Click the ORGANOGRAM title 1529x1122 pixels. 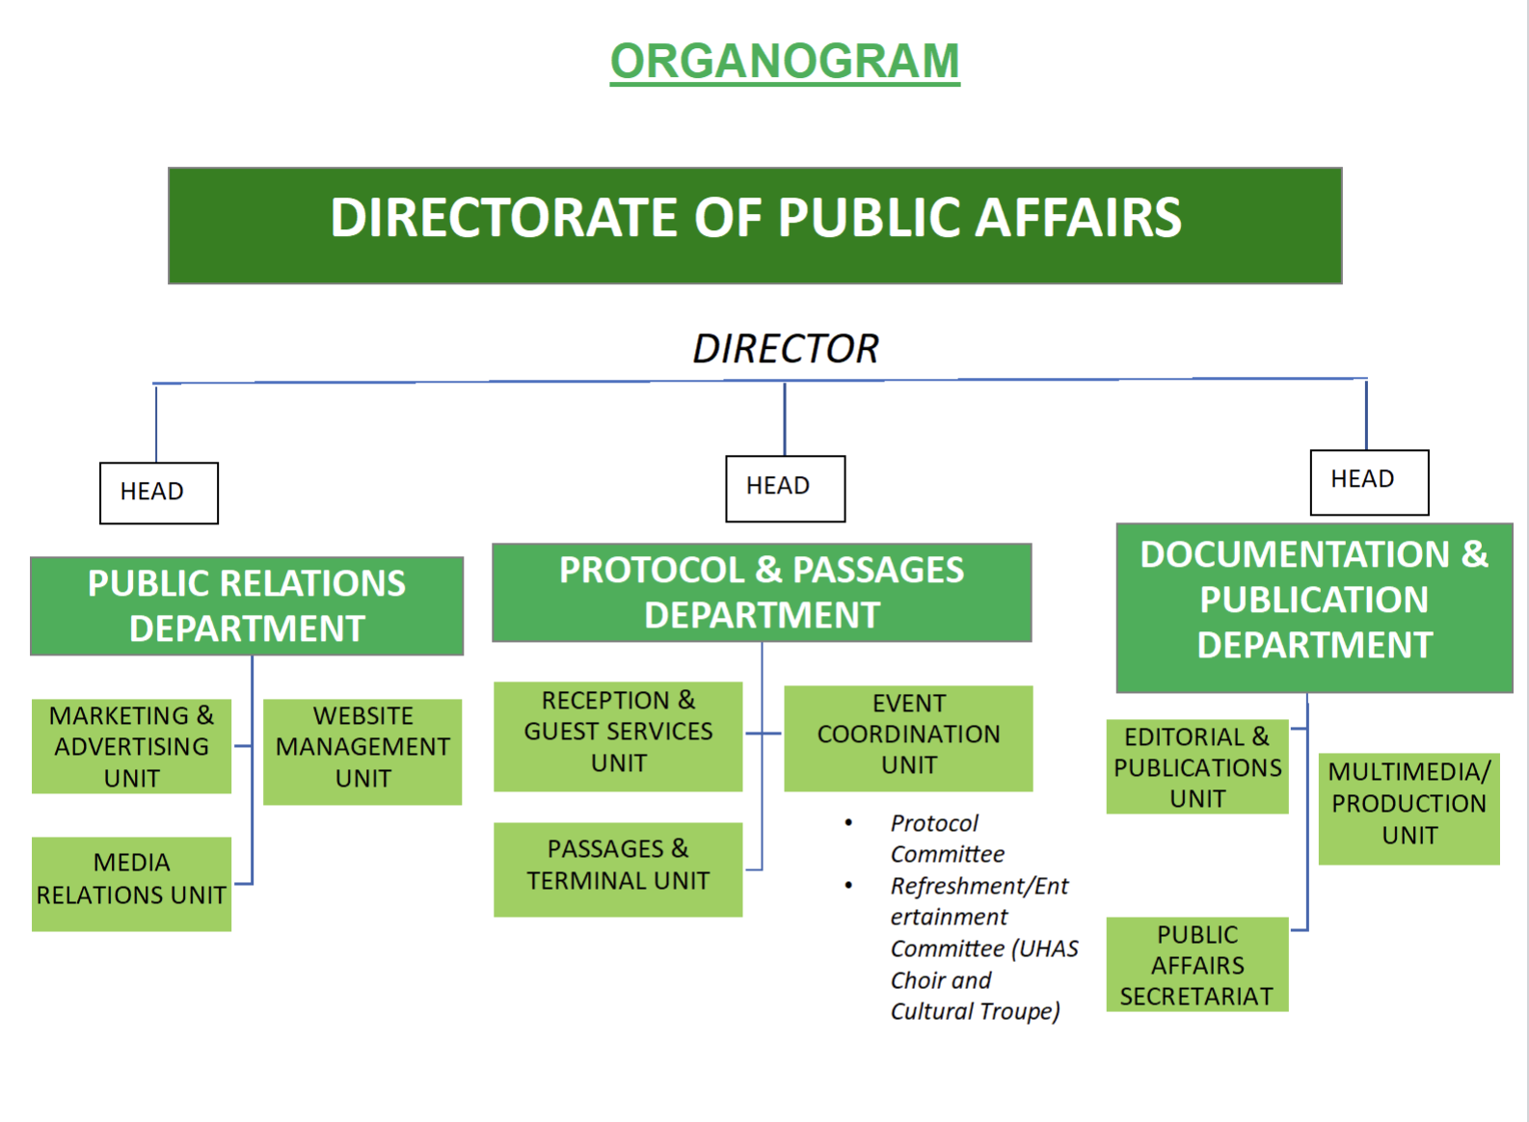pyautogui.click(x=785, y=62)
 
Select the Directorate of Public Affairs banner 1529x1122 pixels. pyautogui.click(x=755, y=226)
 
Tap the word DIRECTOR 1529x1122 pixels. pyautogui.click(x=785, y=349)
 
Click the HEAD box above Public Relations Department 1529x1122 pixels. pyautogui.click(x=159, y=493)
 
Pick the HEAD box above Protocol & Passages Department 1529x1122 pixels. pyautogui.click(x=785, y=488)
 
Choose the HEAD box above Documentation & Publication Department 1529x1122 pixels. pyautogui.click(x=1369, y=481)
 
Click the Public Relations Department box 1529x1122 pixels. pyautogui.click(x=247, y=606)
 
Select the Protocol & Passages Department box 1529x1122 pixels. pyautogui.click(x=762, y=593)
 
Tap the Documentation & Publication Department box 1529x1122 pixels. pyautogui.click(x=1314, y=607)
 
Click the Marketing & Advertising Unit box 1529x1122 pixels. pyautogui.click(x=131, y=747)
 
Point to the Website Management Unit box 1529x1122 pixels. pyautogui.click(x=362, y=752)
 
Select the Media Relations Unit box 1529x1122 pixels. pyautogui.click(x=131, y=884)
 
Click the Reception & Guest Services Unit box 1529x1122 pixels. pyautogui.click(x=618, y=736)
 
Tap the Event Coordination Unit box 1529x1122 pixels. pyautogui.click(x=908, y=738)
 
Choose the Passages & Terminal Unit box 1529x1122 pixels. pyautogui.click(x=618, y=869)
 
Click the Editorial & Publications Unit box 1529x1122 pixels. pyautogui.click(x=1197, y=767)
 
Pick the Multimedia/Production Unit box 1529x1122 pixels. pyautogui.click(x=1408, y=808)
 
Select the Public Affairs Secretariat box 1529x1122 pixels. pyautogui.click(x=1197, y=965)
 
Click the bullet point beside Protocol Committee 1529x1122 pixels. pyautogui.click(x=848, y=823)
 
